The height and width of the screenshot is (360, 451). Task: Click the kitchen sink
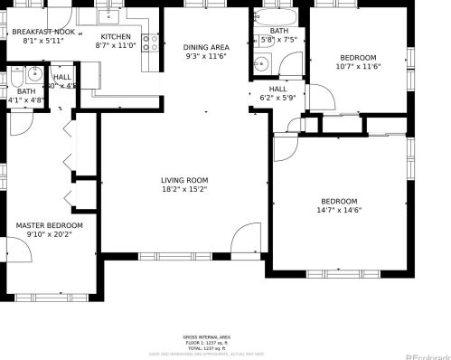pos(113,15)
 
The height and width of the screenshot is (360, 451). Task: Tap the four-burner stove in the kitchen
pos(152,42)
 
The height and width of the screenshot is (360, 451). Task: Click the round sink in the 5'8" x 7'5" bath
pos(259,63)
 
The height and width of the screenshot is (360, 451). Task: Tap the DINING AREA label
pos(206,47)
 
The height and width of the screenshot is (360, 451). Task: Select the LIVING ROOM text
pos(184,180)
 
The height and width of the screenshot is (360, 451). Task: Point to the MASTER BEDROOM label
pos(49,225)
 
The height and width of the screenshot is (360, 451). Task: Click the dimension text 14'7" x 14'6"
pos(339,211)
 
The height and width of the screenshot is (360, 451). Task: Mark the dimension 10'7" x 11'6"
pos(358,66)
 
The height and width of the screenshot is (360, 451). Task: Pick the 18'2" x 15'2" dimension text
pos(184,190)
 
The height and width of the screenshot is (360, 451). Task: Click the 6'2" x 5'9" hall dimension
pos(277,98)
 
